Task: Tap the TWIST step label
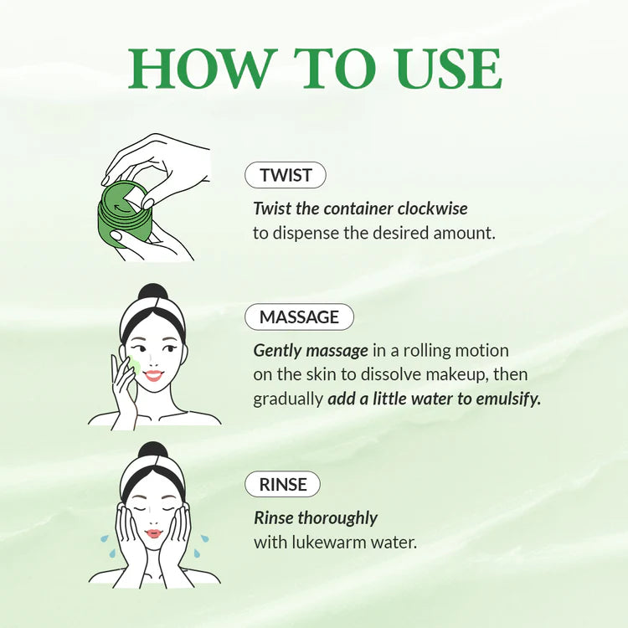coord(286,175)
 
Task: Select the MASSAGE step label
coord(299,317)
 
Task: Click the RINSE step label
coord(282,484)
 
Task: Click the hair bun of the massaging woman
coord(152,294)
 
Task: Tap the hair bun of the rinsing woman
coord(152,452)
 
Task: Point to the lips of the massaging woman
coord(152,376)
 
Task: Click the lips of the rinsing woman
coord(152,533)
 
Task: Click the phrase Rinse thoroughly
coord(316,517)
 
